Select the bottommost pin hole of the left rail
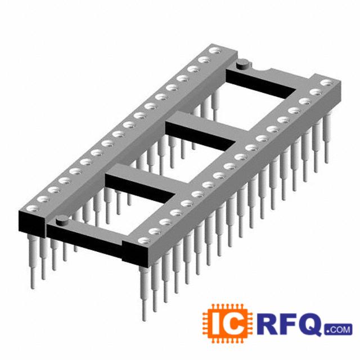[33, 209]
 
